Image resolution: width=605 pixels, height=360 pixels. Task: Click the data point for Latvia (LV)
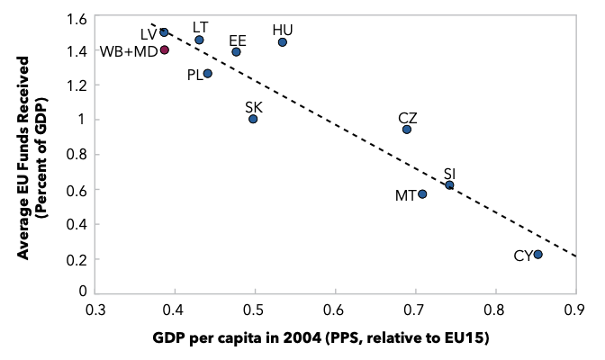(164, 32)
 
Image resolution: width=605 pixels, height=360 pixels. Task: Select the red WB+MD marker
(165, 49)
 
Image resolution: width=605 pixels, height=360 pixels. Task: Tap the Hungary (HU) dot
(283, 42)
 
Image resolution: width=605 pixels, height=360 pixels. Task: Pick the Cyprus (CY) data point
(537, 255)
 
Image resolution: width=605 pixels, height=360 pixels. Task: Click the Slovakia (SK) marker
(253, 119)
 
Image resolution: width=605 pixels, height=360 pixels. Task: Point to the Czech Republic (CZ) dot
(407, 130)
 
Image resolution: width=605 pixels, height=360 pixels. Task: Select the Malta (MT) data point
(422, 194)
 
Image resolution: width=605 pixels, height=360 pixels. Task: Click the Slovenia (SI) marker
(449, 185)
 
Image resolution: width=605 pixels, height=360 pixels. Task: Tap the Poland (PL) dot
(208, 73)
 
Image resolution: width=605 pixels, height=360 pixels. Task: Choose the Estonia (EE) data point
(237, 51)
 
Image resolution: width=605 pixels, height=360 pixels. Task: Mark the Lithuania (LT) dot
(199, 40)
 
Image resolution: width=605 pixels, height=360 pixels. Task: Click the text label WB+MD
(129, 51)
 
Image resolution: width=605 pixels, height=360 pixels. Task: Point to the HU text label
(283, 30)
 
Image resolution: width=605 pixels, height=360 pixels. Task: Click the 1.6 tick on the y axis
(77, 19)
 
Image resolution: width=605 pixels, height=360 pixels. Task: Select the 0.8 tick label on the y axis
(77, 154)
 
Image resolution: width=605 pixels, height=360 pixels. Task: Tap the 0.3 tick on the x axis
(95, 310)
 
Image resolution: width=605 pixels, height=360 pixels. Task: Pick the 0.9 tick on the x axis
(576, 310)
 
